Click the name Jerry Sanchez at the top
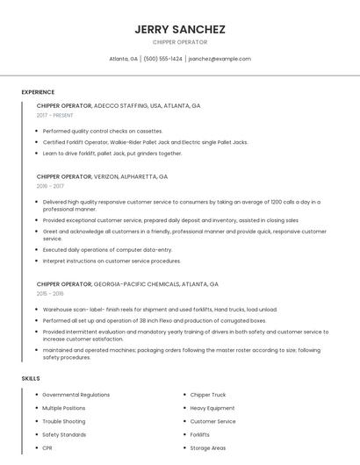pos(180,29)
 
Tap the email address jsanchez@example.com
pos(220,59)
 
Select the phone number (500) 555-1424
pos(162,59)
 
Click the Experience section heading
pos(38,92)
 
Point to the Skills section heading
pos(31,378)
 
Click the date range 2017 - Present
pos(55,115)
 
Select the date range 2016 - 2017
pos(51,186)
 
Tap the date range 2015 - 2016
pos(51,294)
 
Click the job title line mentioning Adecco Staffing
pos(119,105)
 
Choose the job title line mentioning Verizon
pos(102,176)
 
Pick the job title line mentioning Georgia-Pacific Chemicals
pos(127,284)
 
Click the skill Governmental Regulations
pos(76,395)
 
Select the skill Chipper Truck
pos(208,395)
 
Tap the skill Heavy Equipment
pos(212,408)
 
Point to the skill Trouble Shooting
pos(63,421)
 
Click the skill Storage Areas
pos(208,448)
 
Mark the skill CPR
pos(47,448)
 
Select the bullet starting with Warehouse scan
pos(160,310)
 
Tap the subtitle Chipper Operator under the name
pos(180,42)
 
